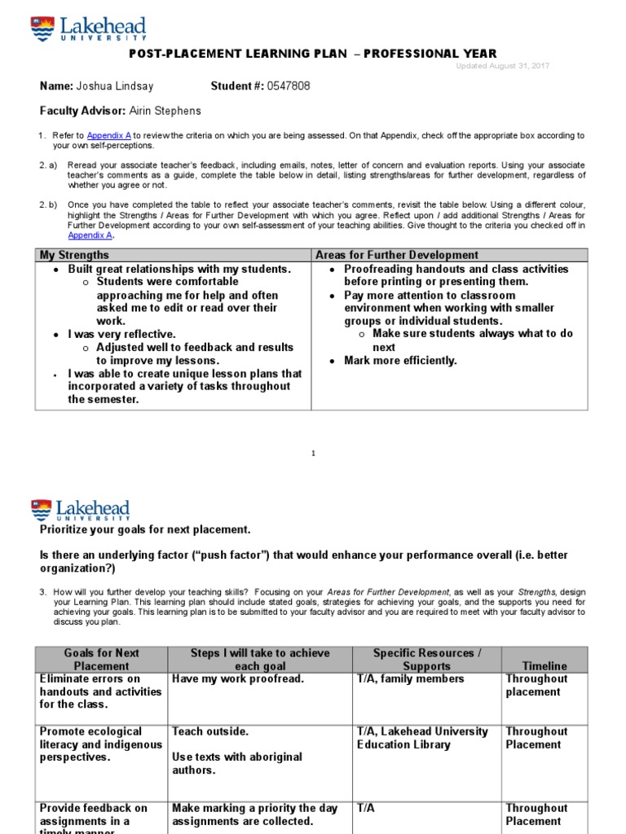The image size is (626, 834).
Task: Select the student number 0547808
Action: click(284, 86)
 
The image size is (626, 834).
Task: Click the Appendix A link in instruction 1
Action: click(108, 135)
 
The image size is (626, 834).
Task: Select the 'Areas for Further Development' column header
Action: click(396, 255)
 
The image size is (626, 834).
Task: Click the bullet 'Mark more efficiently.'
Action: click(400, 360)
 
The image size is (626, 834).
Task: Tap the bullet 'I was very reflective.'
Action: click(121, 334)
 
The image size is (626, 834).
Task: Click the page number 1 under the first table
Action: click(313, 454)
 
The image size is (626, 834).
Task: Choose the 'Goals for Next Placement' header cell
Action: click(102, 659)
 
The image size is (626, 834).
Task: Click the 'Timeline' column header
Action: click(544, 665)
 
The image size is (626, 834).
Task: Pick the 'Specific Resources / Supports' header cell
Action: click(426, 659)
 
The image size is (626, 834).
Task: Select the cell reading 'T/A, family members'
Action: click(410, 678)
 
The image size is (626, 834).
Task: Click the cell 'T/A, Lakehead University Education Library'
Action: click(422, 738)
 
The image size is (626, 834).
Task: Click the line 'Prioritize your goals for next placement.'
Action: click(146, 530)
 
